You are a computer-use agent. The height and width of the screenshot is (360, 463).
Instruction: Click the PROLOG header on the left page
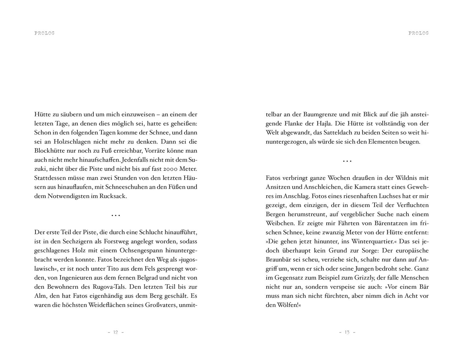pyautogui.click(x=44, y=33)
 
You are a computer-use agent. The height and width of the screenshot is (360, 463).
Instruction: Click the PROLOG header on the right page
pyautogui.click(x=418, y=33)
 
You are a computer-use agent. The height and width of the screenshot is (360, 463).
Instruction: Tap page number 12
pyautogui.click(x=116, y=332)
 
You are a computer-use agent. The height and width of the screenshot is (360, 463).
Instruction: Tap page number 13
pyautogui.click(x=347, y=332)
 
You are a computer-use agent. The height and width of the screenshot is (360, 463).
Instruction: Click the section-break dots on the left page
pyautogui.click(x=116, y=215)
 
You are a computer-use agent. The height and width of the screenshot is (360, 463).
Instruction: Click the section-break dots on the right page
pyautogui.click(x=347, y=161)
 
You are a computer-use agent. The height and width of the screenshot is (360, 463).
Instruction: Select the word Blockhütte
pyautogui.click(x=50, y=151)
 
